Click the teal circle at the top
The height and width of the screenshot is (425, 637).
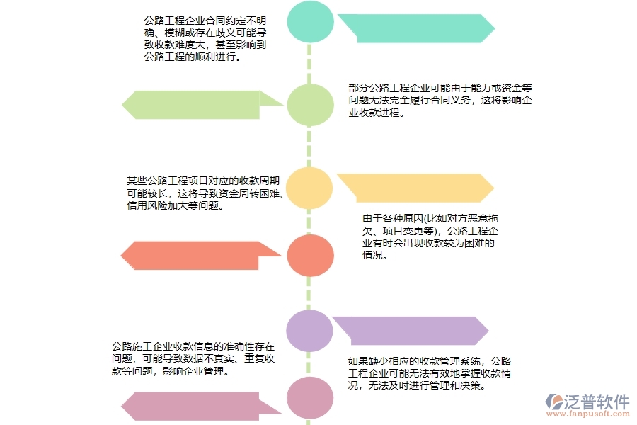pos(309,23)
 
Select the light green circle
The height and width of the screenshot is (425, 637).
pos(309,105)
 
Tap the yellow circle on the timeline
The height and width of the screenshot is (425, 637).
pos(309,188)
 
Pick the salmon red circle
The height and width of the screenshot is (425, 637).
pos(309,255)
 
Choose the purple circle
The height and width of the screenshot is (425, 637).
pos(309,331)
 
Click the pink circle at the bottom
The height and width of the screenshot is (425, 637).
pos(309,398)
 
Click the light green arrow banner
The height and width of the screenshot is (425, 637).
pos(202,105)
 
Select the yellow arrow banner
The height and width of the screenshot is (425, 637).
pos(414,188)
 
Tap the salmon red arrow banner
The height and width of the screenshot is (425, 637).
pos(202,255)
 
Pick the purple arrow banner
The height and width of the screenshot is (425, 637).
pos(411,331)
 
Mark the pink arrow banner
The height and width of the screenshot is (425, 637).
pos(202,407)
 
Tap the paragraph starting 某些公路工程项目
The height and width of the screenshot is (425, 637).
pos(205,193)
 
